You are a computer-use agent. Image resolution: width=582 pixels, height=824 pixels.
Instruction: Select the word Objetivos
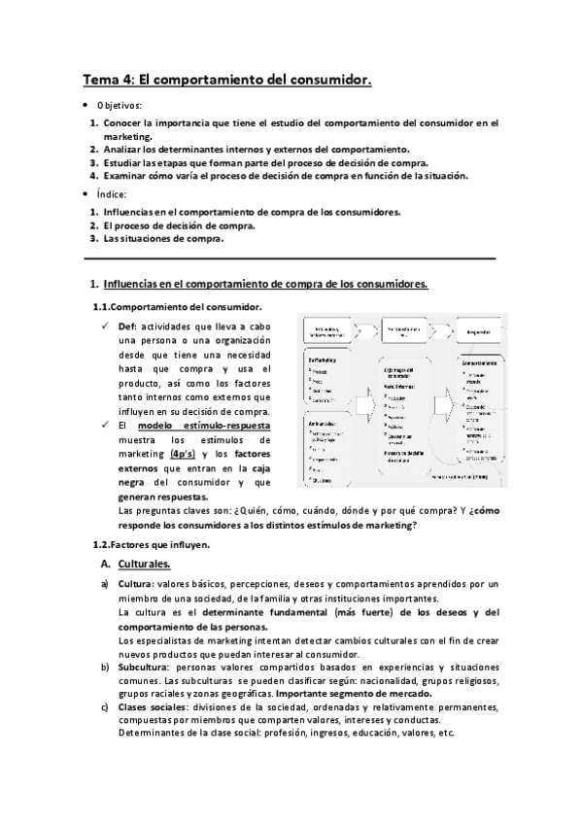point(119,104)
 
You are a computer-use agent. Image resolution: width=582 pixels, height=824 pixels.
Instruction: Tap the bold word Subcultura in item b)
point(142,667)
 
